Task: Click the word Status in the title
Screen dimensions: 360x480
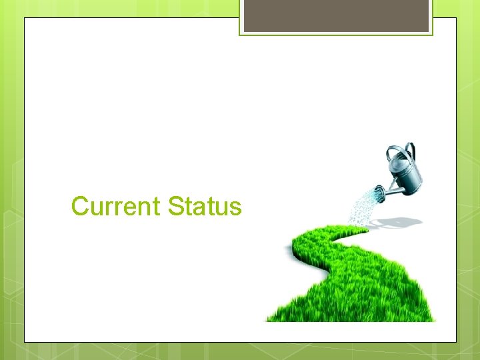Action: click(205, 207)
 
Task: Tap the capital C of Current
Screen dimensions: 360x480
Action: click(80, 207)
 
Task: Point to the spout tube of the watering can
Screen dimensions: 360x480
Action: click(393, 191)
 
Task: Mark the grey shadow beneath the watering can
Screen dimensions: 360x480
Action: click(400, 221)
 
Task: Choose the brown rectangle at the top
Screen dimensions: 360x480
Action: click(336, 15)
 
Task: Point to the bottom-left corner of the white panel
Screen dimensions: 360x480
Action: click(25, 342)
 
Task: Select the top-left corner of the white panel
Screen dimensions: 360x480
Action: click(25, 18)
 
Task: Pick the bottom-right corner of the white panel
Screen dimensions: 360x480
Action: click(456, 342)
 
